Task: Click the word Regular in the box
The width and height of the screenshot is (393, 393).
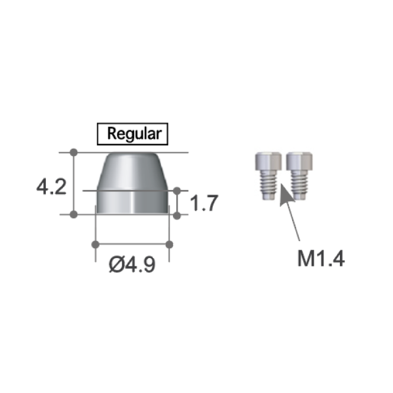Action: coord(134,134)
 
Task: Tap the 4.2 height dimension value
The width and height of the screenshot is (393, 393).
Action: coord(51,187)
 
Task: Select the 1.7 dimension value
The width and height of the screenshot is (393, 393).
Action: coord(204,203)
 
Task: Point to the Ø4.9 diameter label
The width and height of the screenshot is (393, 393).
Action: coord(132,265)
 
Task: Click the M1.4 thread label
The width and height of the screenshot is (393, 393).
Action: coord(321,258)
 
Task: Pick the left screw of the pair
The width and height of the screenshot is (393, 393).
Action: coord(269,176)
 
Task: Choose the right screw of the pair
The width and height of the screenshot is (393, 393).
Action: coord(299,176)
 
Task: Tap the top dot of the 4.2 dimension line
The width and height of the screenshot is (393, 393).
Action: coord(73,152)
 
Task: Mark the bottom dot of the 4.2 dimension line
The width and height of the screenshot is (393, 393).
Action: coord(73,214)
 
